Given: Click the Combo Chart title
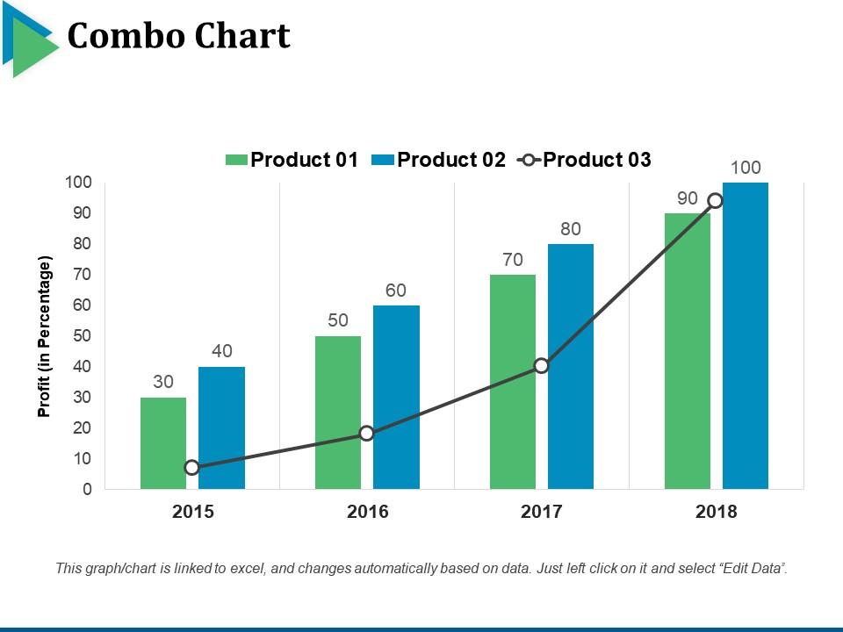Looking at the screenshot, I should (178, 36).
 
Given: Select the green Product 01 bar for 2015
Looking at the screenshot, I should (163, 442).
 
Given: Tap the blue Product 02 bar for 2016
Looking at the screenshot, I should (396, 397).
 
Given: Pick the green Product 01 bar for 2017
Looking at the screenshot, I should (513, 381).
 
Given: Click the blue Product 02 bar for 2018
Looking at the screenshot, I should (746, 335).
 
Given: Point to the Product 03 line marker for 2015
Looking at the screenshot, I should (192, 468).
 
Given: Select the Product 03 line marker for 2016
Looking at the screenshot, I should (367, 434).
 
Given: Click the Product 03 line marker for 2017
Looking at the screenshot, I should (542, 366).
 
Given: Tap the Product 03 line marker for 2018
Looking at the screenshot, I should (716, 201).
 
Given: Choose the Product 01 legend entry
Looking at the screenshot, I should (292, 160).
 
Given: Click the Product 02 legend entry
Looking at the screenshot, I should (439, 160).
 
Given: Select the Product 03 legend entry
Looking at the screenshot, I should (586, 160).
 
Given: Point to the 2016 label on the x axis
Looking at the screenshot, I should (367, 512).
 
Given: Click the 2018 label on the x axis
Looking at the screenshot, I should (717, 512).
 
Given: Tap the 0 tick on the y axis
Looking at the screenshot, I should (87, 490).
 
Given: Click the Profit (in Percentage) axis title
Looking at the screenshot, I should (45, 336).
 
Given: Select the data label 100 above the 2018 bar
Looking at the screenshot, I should (746, 168).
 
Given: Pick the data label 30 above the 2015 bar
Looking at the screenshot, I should (163, 382).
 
